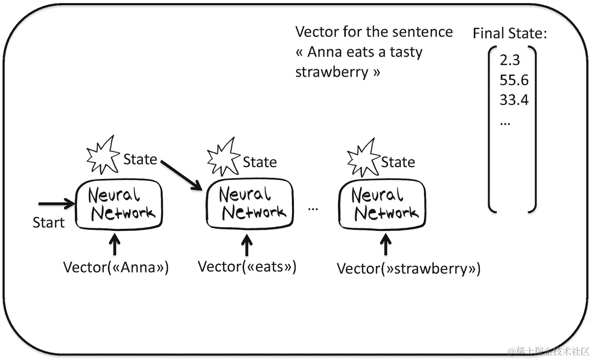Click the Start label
49,223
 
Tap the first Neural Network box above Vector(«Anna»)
119,204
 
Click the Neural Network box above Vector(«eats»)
250,204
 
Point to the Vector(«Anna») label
116,267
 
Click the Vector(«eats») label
247,266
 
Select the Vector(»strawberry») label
409,268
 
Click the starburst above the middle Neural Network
224,157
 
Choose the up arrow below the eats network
247,245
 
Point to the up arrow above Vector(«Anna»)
115,245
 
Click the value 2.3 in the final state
510,61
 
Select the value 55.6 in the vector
514,81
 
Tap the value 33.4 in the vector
514,100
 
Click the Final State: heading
510,34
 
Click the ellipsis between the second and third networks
313,208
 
